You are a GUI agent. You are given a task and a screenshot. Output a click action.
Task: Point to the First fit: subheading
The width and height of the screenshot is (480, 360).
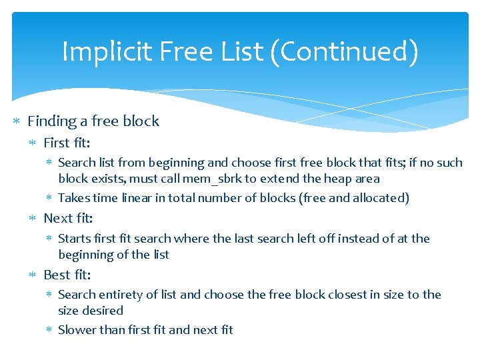tap(67, 143)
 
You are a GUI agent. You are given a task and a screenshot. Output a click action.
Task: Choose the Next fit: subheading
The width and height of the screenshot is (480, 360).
tap(68, 219)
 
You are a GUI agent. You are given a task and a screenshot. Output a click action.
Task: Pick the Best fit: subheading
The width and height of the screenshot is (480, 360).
tap(67, 275)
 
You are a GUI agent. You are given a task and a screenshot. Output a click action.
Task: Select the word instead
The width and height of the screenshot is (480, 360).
tap(344, 239)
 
